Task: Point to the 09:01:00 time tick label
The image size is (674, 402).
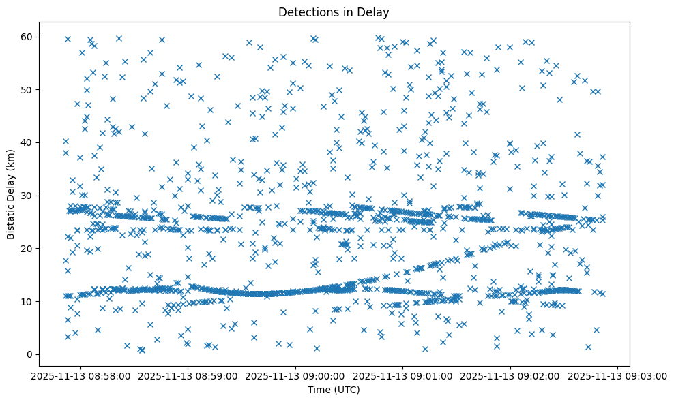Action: click(403, 375)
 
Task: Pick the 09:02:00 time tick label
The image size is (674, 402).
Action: click(511, 375)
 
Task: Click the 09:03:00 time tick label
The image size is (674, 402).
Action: click(618, 375)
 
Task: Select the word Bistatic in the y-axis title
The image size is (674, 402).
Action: click(11, 222)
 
